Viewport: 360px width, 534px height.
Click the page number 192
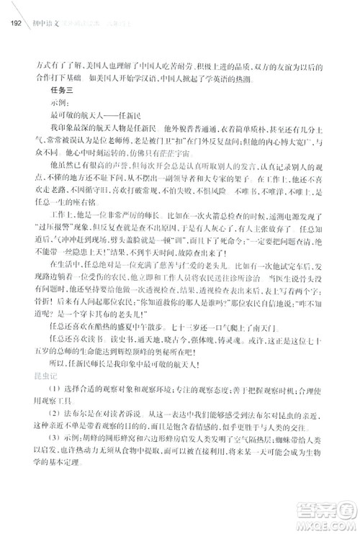coord(13,20)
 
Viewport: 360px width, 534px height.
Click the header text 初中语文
coord(41,20)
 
